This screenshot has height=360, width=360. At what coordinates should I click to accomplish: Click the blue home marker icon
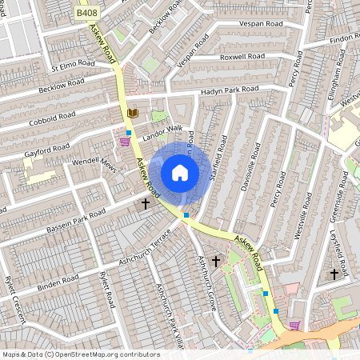pyautogui.click(x=180, y=173)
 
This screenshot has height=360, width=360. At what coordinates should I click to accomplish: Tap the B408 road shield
pyautogui.click(x=87, y=14)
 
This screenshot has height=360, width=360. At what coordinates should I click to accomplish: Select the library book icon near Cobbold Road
pyautogui.click(x=133, y=114)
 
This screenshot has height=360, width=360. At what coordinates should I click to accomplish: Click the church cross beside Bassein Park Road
pyautogui.click(x=146, y=205)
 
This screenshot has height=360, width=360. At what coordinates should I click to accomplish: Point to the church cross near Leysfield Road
pyautogui.click(x=334, y=274)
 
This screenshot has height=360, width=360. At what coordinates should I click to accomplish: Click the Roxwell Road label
pyautogui.click(x=243, y=57)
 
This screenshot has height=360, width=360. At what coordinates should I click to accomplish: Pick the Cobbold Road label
pyautogui.click(x=52, y=116)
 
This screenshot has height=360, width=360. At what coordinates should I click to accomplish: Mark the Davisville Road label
pyautogui.click(x=250, y=167)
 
